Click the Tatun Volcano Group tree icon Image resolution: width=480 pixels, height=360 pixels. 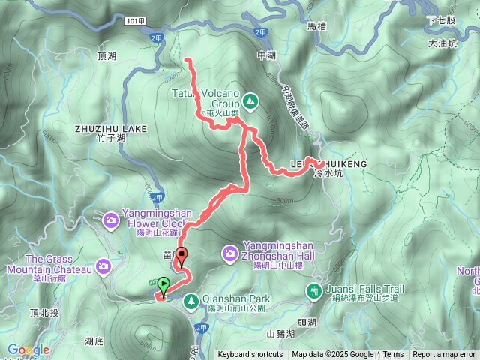pyautogui.click(x=249, y=100)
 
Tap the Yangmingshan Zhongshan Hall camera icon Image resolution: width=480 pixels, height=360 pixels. pyautogui.click(x=230, y=255)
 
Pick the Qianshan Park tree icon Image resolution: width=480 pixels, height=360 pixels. pyautogui.click(x=191, y=301)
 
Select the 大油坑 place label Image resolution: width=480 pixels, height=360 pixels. pyautogui.click(x=442, y=44)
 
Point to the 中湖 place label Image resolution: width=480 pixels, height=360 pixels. pyautogui.click(x=266, y=55)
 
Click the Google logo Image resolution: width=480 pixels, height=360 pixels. pyautogui.click(x=28, y=349)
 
